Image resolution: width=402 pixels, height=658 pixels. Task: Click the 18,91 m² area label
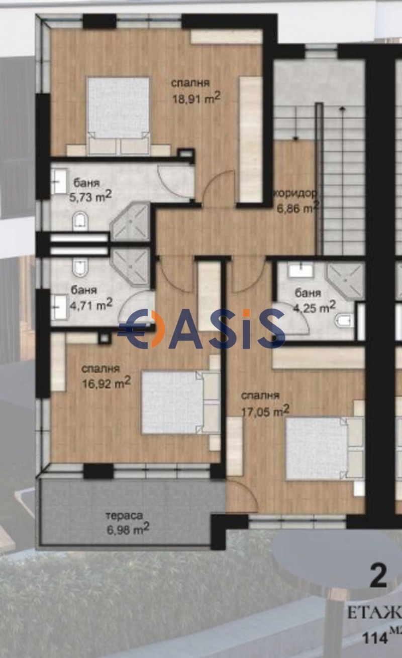196,99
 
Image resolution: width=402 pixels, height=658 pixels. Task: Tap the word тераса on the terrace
124,515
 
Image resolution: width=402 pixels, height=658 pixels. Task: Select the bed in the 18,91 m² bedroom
119,115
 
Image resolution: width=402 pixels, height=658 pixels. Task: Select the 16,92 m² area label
106,383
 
